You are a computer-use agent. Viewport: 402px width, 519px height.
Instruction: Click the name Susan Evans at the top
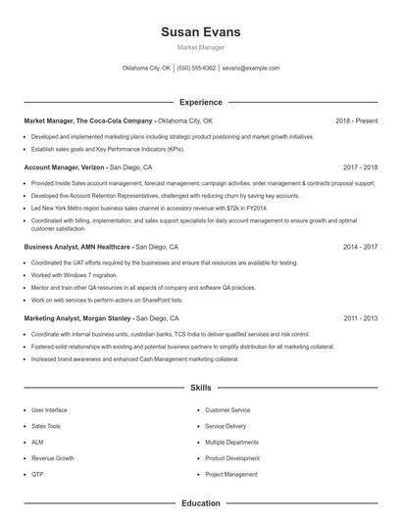click(x=200, y=32)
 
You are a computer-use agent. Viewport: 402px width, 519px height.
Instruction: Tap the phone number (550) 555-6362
click(x=196, y=69)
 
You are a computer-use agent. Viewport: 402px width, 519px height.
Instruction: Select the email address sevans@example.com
click(x=251, y=69)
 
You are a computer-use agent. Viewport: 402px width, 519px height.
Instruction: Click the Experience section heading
click(x=201, y=102)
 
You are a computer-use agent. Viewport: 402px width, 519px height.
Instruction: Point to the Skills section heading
click(x=201, y=389)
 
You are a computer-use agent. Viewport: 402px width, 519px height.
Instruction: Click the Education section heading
click(x=201, y=503)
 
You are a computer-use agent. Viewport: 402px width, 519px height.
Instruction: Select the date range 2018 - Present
click(x=356, y=120)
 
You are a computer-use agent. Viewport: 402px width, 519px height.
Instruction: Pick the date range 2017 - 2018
click(x=360, y=167)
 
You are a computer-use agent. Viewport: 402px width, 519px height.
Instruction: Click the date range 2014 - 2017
click(x=360, y=248)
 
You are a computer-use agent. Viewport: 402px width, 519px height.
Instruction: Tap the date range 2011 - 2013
click(x=360, y=318)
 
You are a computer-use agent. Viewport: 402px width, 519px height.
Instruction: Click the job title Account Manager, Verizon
click(x=65, y=167)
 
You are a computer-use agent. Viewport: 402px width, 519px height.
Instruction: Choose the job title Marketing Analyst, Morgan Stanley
click(x=78, y=318)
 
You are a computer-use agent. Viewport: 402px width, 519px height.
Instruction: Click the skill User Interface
click(x=49, y=410)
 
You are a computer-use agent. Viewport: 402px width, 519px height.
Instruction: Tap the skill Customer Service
click(x=227, y=410)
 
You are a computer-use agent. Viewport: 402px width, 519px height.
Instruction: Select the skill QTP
click(x=37, y=474)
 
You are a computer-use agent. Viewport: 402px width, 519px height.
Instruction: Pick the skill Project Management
click(x=231, y=474)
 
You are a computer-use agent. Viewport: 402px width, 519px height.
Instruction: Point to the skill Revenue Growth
click(x=52, y=458)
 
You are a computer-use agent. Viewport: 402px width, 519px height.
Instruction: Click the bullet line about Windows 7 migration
click(x=75, y=275)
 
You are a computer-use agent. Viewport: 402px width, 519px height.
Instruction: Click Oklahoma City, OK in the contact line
click(x=146, y=69)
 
